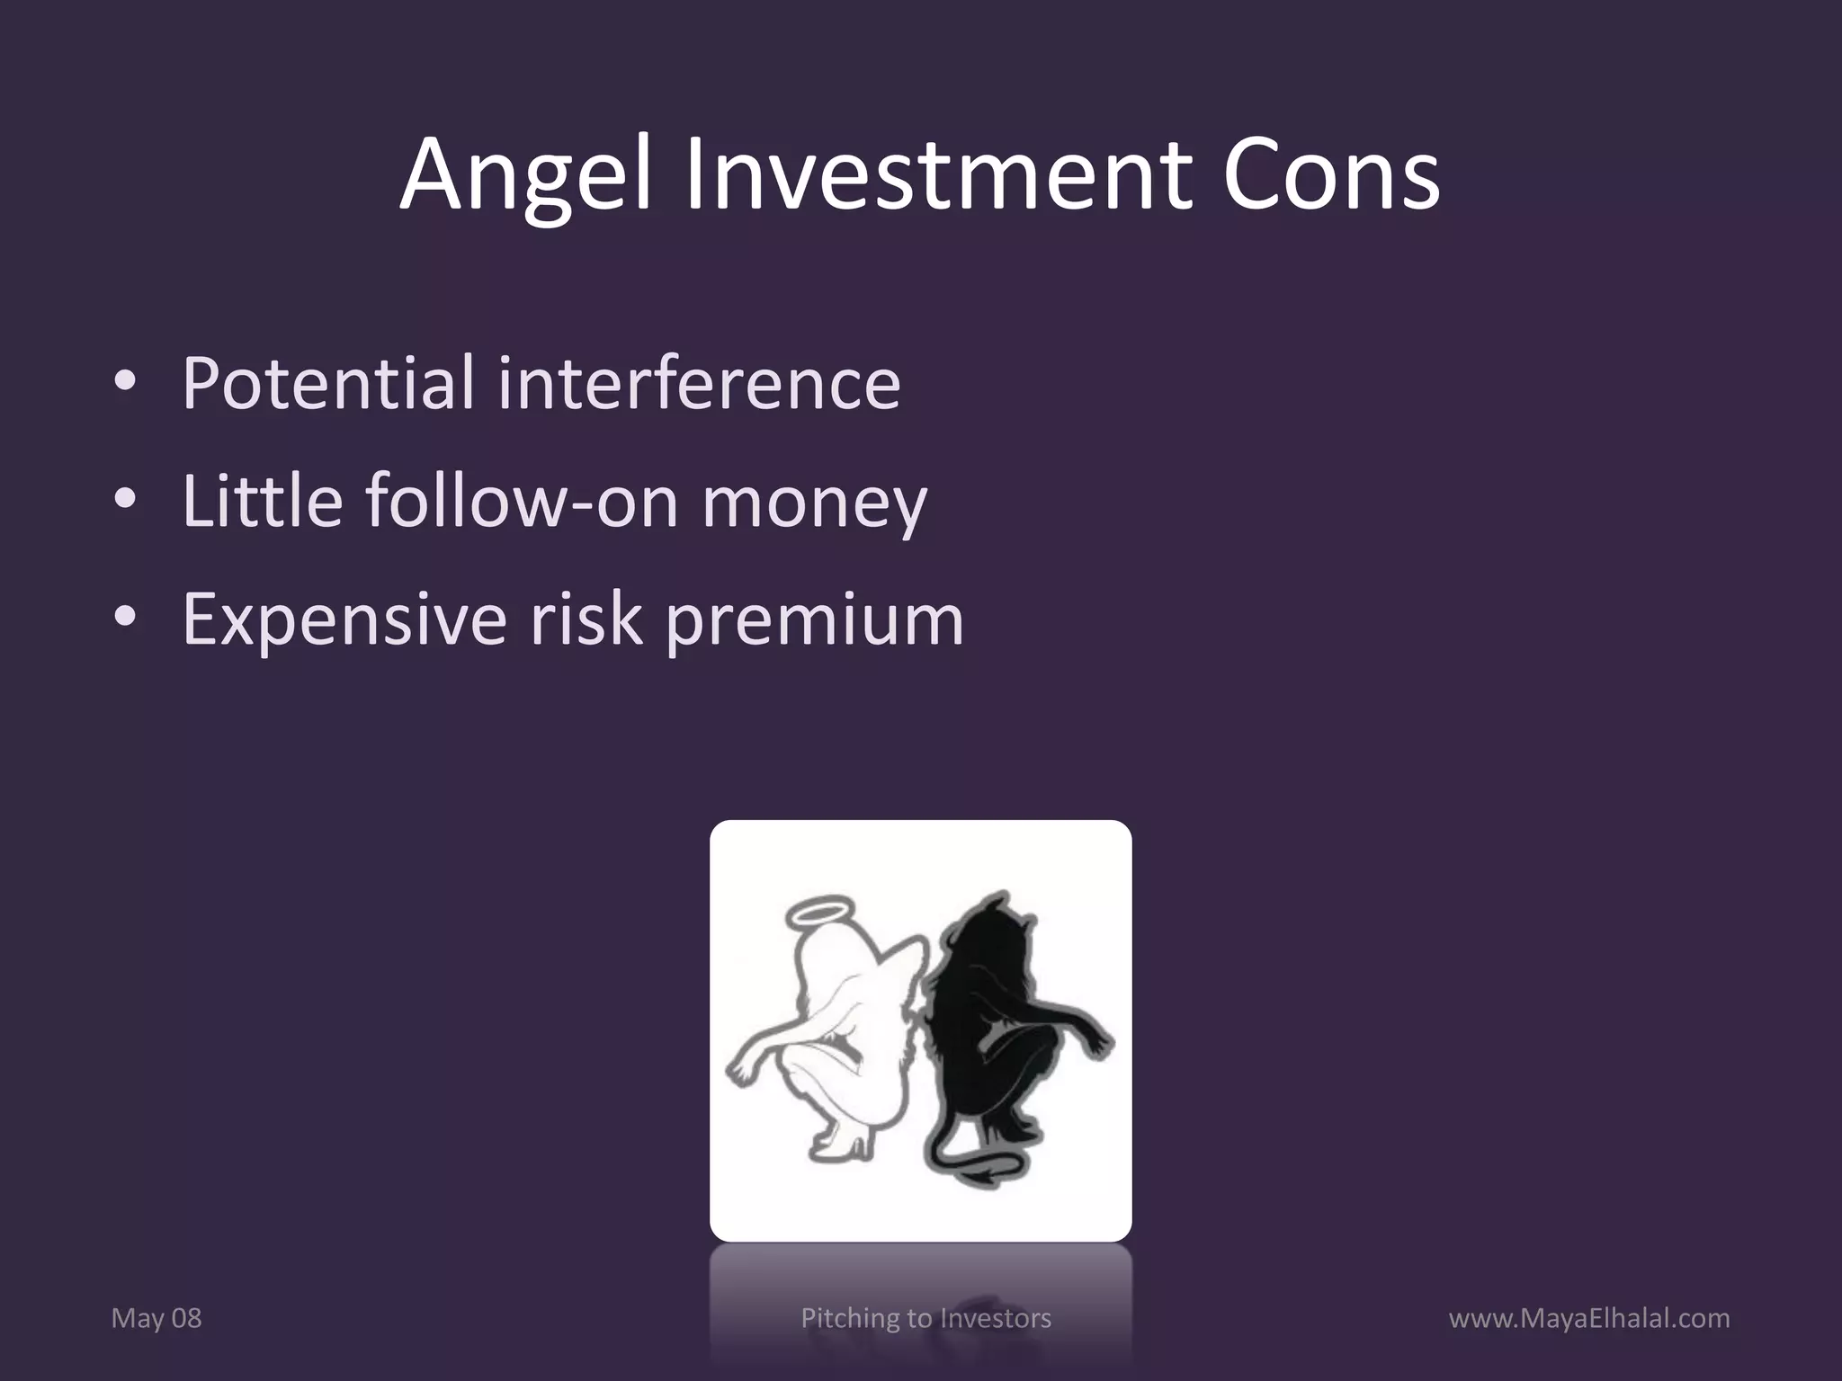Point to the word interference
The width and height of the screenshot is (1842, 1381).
point(698,384)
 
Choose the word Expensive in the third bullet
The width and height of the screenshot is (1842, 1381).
point(344,620)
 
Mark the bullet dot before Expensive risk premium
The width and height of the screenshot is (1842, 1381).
point(125,619)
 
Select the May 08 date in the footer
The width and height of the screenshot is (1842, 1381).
point(156,1319)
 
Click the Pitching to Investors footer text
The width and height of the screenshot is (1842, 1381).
point(925,1319)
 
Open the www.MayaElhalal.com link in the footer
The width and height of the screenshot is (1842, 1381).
point(1589,1319)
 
